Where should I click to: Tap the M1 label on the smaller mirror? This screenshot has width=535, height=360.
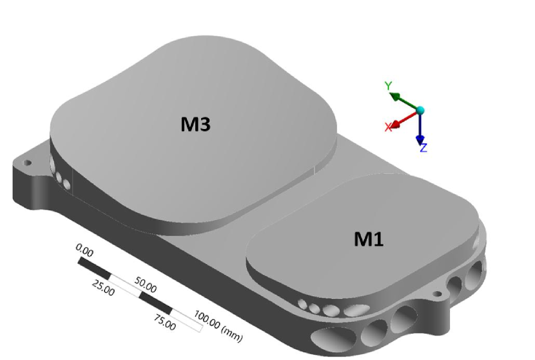tap(369, 239)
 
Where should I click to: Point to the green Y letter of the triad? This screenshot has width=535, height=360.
tap(388, 86)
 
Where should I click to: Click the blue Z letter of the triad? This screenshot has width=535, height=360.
tap(423, 148)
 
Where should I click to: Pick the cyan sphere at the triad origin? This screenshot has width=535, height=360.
tap(420, 110)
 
